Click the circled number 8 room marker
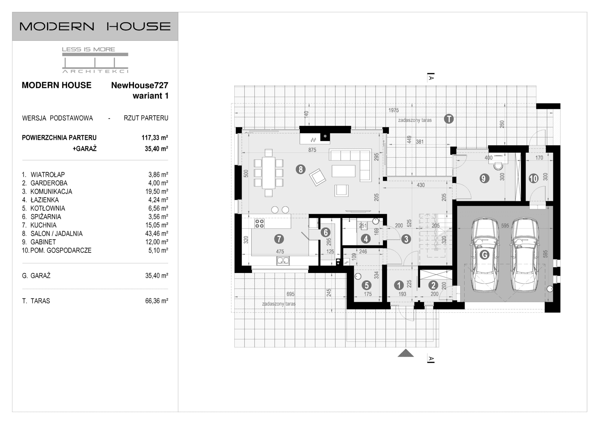[x=300, y=169]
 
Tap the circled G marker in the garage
[x=484, y=255]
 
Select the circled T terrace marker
[x=449, y=119]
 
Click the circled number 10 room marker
[x=533, y=178]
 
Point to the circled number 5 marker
[x=367, y=286]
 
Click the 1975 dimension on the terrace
[x=393, y=110]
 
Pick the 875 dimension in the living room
[x=312, y=150]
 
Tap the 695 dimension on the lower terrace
[x=290, y=294]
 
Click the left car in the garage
[x=485, y=255]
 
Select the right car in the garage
[x=524, y=255]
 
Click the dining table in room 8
[x=268, y=173]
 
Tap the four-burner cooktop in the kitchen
[x=259, y=224]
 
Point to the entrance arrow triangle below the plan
[x=405, y=353]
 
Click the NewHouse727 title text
[x=139, y=85]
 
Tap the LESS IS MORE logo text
[x=88, y=49]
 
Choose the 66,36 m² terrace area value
[x=156, y=301]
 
